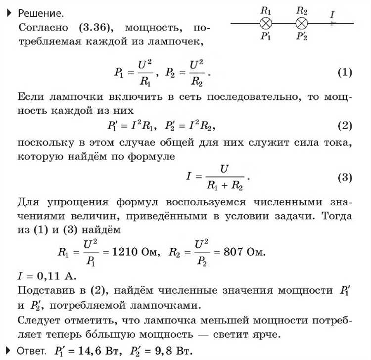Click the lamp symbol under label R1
[266, 23]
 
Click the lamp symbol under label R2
[302, 23]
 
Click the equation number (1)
[344, 72]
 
